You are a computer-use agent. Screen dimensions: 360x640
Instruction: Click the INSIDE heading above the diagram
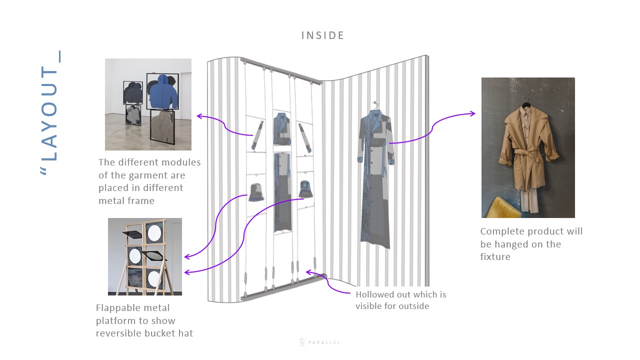click(322, 35)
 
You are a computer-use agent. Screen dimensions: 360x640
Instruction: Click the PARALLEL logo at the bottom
click(320, 342)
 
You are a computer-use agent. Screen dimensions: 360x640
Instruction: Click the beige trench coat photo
click(528, 147)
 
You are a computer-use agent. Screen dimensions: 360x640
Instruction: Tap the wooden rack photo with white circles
click(145, 256)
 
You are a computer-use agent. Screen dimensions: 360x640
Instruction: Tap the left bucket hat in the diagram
click(256, 192)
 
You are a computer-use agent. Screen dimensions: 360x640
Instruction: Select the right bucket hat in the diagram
click(306, 189)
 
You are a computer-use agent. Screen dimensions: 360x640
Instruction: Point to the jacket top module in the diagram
click(282, 129)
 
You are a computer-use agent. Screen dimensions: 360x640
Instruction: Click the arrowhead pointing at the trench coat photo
click(473, 114)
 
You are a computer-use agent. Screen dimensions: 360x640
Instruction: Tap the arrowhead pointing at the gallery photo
click(198, 116)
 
